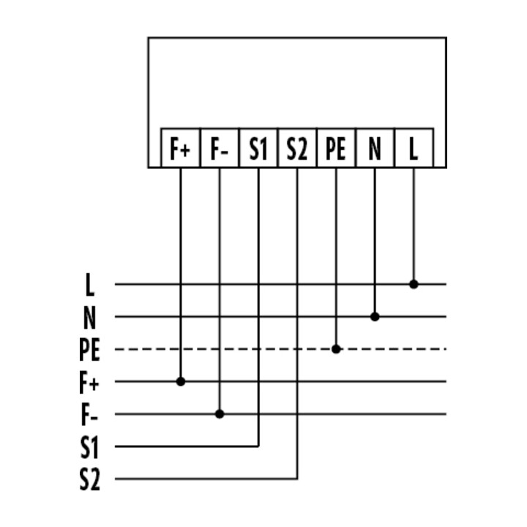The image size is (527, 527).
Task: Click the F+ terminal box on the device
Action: tap(181, 148)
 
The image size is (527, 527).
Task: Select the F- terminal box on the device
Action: tap(220, 148)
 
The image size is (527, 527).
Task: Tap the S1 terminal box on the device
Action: tap(258, 148)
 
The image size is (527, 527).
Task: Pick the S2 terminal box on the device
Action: tap(297, 148)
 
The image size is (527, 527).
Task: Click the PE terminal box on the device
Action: tap(336, 148)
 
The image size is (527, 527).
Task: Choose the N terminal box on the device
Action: tap(375, 148)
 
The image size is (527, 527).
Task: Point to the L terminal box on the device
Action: tap(414, 148)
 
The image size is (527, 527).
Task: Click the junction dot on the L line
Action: tap(414, 284)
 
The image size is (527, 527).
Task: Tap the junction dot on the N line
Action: tap(375, 317)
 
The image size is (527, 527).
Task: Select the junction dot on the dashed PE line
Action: tap(336, 349)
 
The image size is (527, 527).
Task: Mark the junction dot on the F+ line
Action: tap(181, 381)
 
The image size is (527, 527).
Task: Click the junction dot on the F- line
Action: tap(220, 414)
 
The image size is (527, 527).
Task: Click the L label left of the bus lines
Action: tap(89, 285)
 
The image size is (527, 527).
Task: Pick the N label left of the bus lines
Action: tap(89, 317)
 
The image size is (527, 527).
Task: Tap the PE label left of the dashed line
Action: tap(89, 350)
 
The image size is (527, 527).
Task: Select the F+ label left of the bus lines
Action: tap(89, 382)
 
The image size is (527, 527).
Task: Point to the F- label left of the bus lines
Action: tap(89, 415)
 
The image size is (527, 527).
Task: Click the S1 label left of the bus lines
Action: tap(89, 447)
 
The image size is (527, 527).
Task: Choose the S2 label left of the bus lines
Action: tap(90, 479)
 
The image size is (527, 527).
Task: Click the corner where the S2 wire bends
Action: tap(297, 479)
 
